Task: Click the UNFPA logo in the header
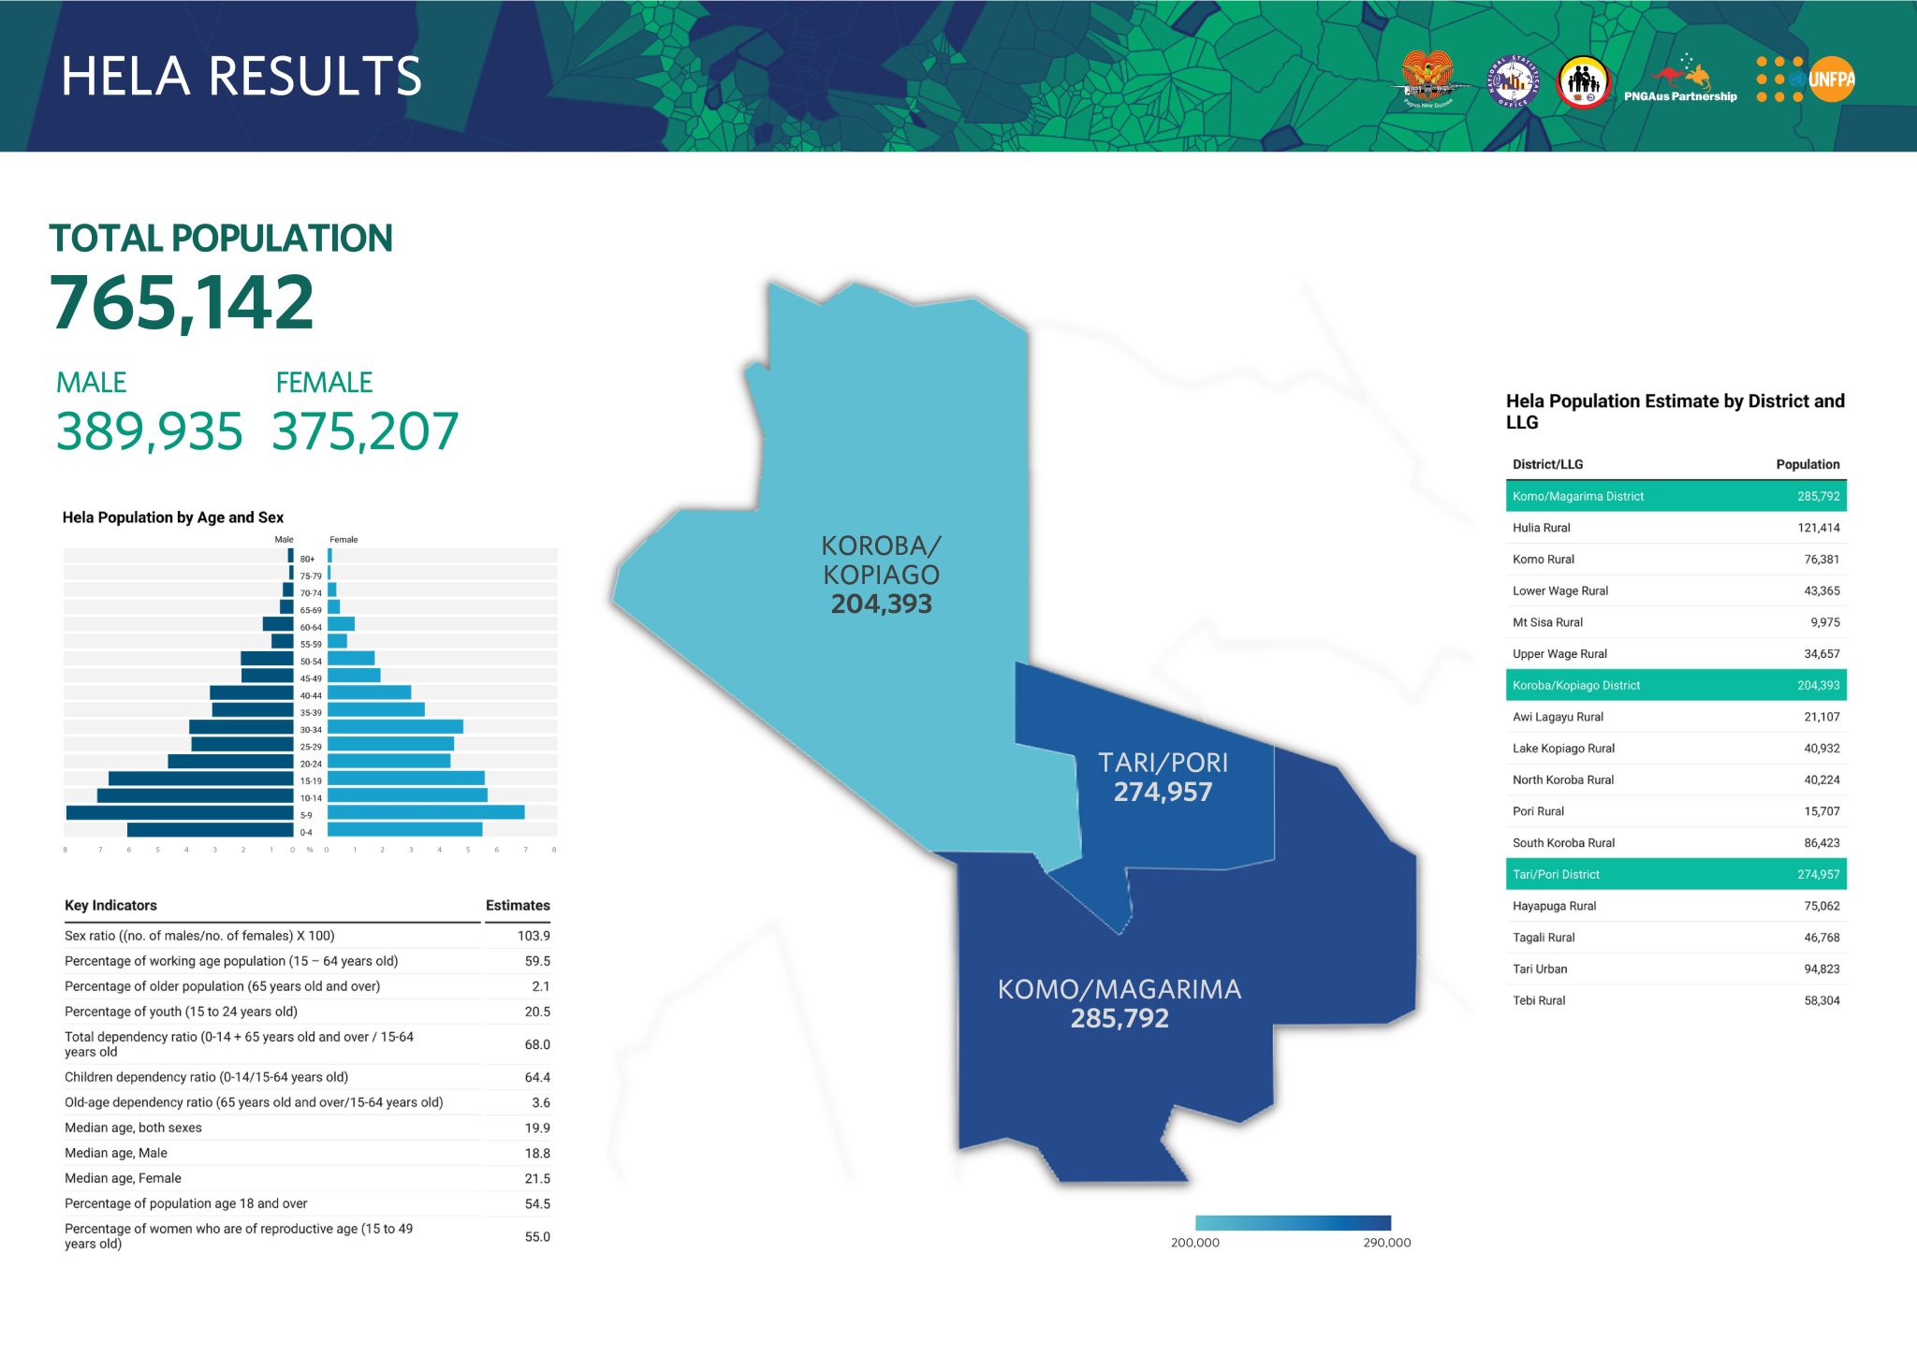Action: coord(1806,80)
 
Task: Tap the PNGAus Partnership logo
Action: coord(1681,80)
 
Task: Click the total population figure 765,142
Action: coord(183,302)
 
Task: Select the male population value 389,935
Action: coord(150,431)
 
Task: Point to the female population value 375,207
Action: coord(365,431)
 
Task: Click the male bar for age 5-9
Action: coord(180,813)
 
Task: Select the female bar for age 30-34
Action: coord(395,727)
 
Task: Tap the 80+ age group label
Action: coord(307,559)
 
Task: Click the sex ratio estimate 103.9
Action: coord(534,936)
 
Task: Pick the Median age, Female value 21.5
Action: coord(537,1179)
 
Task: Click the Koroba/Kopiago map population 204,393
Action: coord(881,605)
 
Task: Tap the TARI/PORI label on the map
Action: coord(1163,763)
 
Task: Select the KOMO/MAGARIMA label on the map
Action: coord(1119,989)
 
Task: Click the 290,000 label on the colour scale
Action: coord(1386,1243)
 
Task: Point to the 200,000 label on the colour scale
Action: coord(1195,1243)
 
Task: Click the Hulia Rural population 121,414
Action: coord(1818,528)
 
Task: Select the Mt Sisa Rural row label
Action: coord(1547,622)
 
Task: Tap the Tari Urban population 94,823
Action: coord(1822,969)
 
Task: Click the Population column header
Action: coord(1807,464)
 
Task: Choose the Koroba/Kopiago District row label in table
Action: coord(1576,686)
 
